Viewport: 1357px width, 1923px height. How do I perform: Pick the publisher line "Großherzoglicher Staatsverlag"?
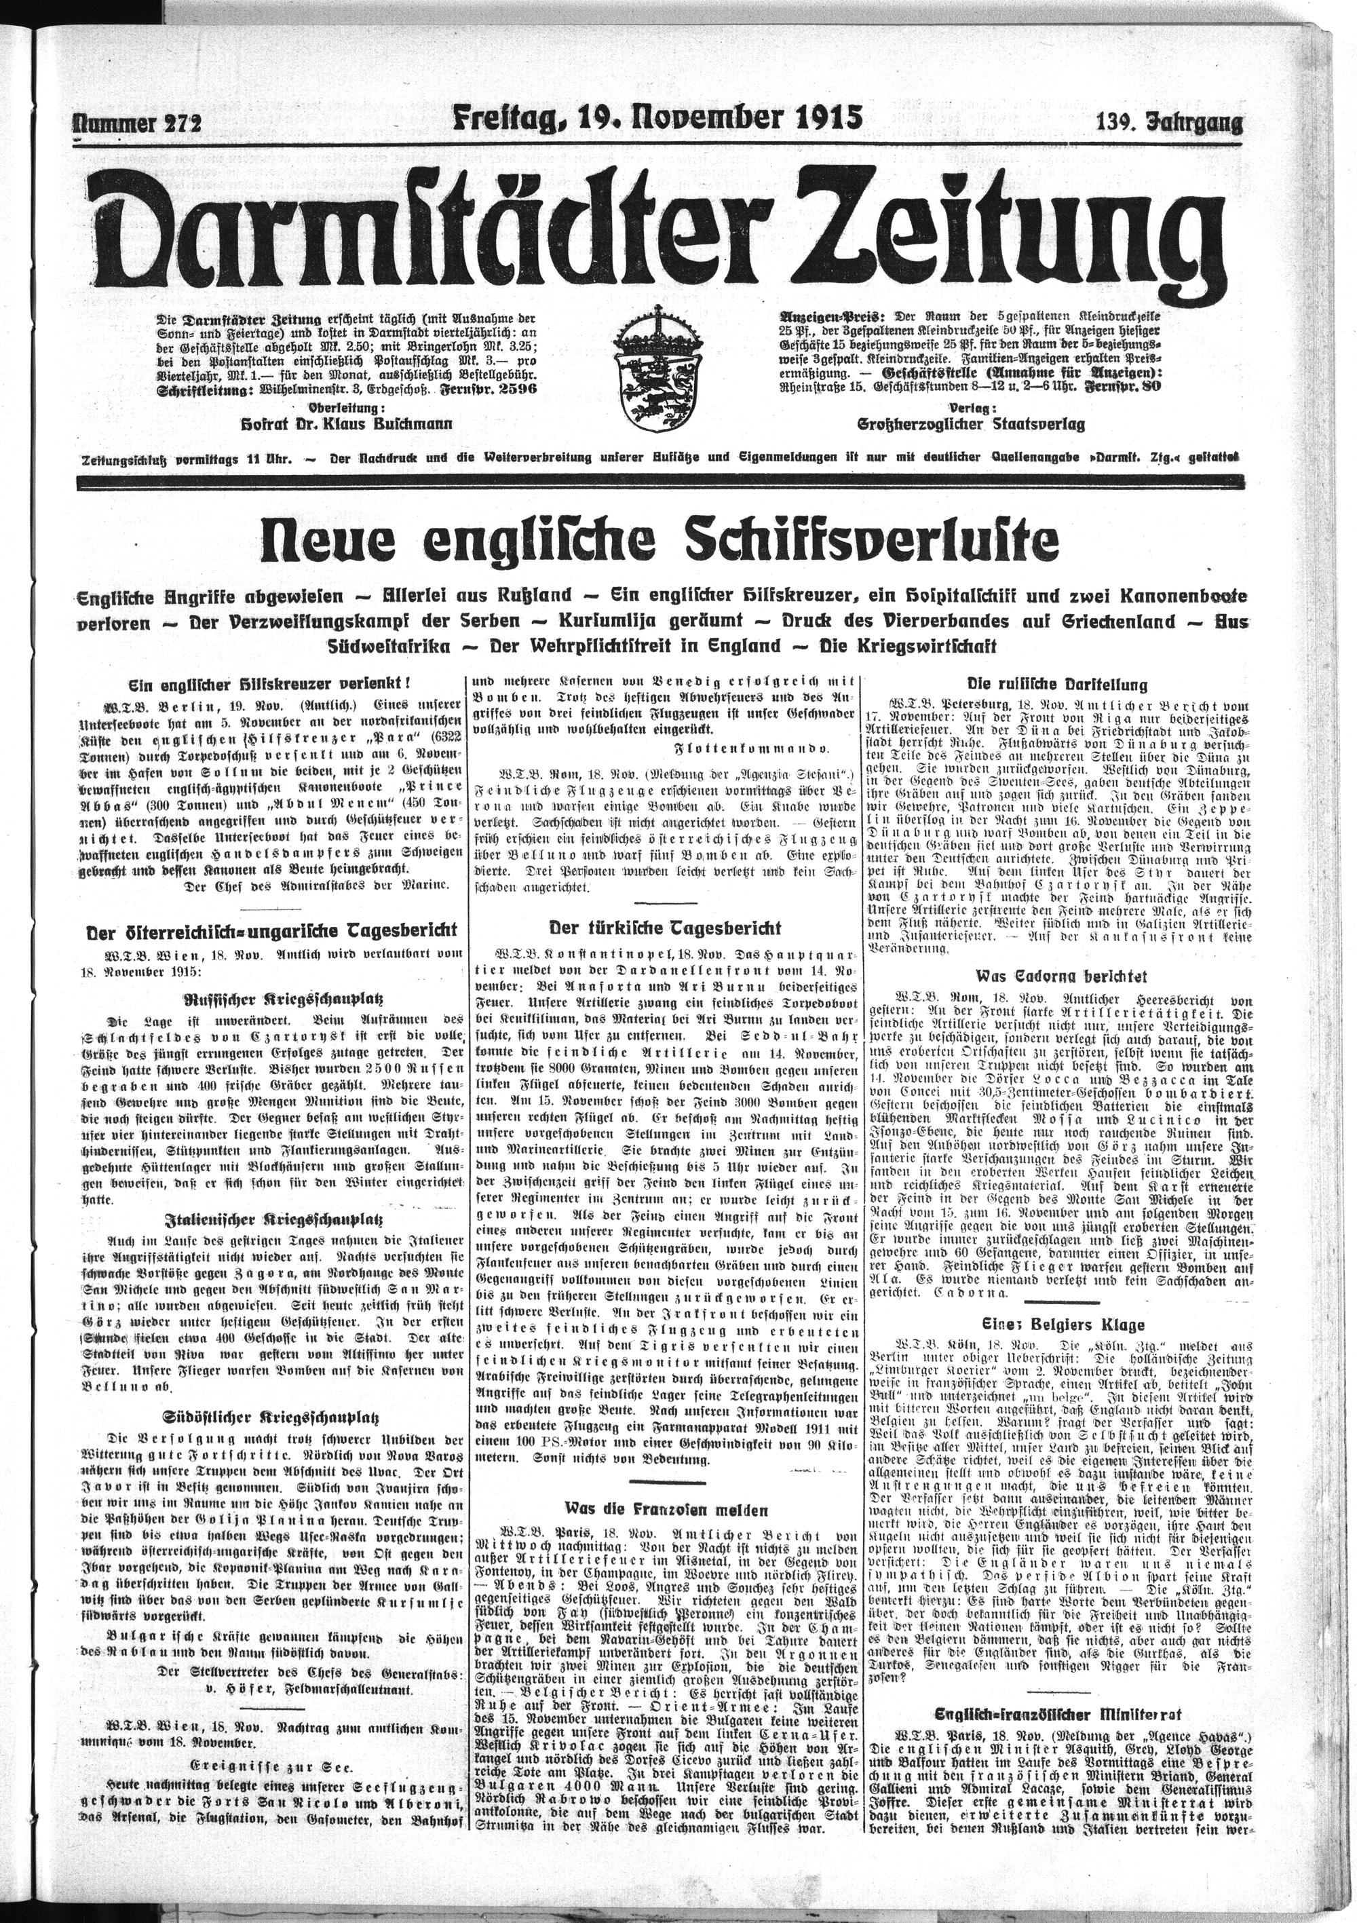(x=971, y=425)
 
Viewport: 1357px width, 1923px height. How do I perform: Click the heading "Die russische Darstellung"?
(x=1057, y=683)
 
